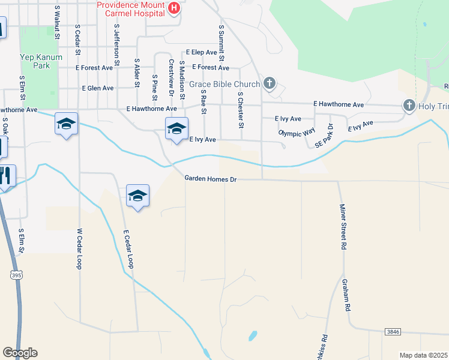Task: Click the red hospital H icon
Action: (173, 8)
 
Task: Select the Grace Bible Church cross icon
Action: (270, 83)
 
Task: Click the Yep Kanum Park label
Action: (35, 61)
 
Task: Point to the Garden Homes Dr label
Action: (211, 178)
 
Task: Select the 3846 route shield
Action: (392, 332)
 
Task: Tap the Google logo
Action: (20, 353)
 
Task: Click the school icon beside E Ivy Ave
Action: (176, 128)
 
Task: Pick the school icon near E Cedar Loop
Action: (137, 196)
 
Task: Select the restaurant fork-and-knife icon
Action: (5, 175)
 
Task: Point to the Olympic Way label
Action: (297, 132)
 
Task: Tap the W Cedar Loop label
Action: (79, 248)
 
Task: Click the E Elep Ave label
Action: (201, 53)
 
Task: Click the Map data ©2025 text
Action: (423, 355)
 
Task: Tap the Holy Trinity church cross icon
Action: (409, 106)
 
